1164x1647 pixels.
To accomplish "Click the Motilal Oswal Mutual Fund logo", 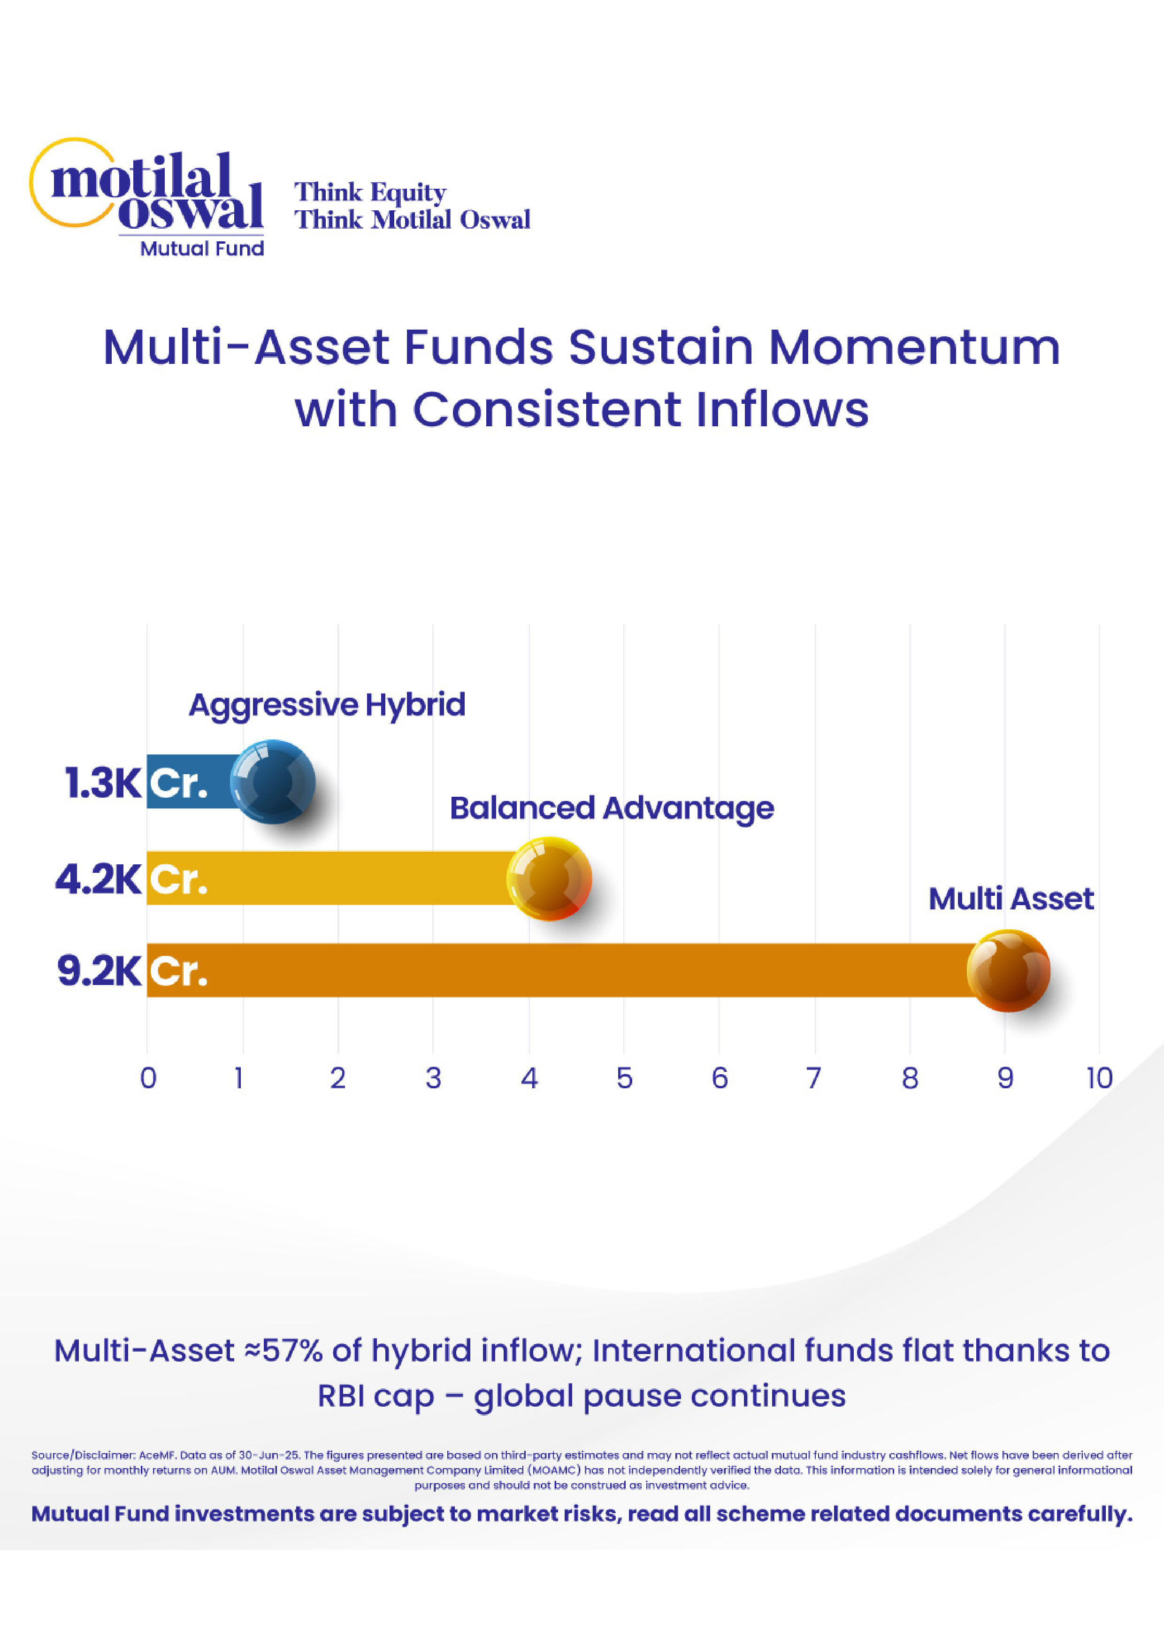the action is click(147, 197).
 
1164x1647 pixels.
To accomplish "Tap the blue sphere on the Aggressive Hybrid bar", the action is click(273, 781).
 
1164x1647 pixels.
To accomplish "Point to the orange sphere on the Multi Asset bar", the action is click(1008, 970).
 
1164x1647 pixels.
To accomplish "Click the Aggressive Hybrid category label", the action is click(327, 705).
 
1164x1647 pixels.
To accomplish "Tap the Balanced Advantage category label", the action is click(612, 808).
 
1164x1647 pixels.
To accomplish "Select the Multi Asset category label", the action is click(1011, 898).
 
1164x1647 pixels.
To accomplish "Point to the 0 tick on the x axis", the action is click(148, 1078).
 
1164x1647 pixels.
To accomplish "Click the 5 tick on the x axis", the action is click(625, 1078).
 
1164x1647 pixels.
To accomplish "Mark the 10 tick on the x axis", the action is click(1099, 1078).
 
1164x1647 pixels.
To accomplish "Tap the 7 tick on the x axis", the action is click(813, 1078).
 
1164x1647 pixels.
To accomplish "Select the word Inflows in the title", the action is click(782, 409).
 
